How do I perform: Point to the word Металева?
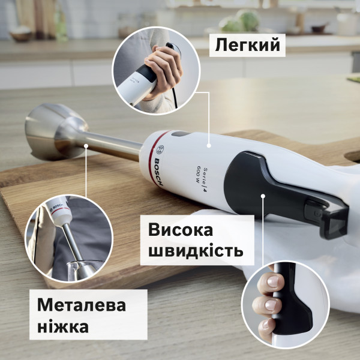82,305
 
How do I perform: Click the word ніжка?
62,327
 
